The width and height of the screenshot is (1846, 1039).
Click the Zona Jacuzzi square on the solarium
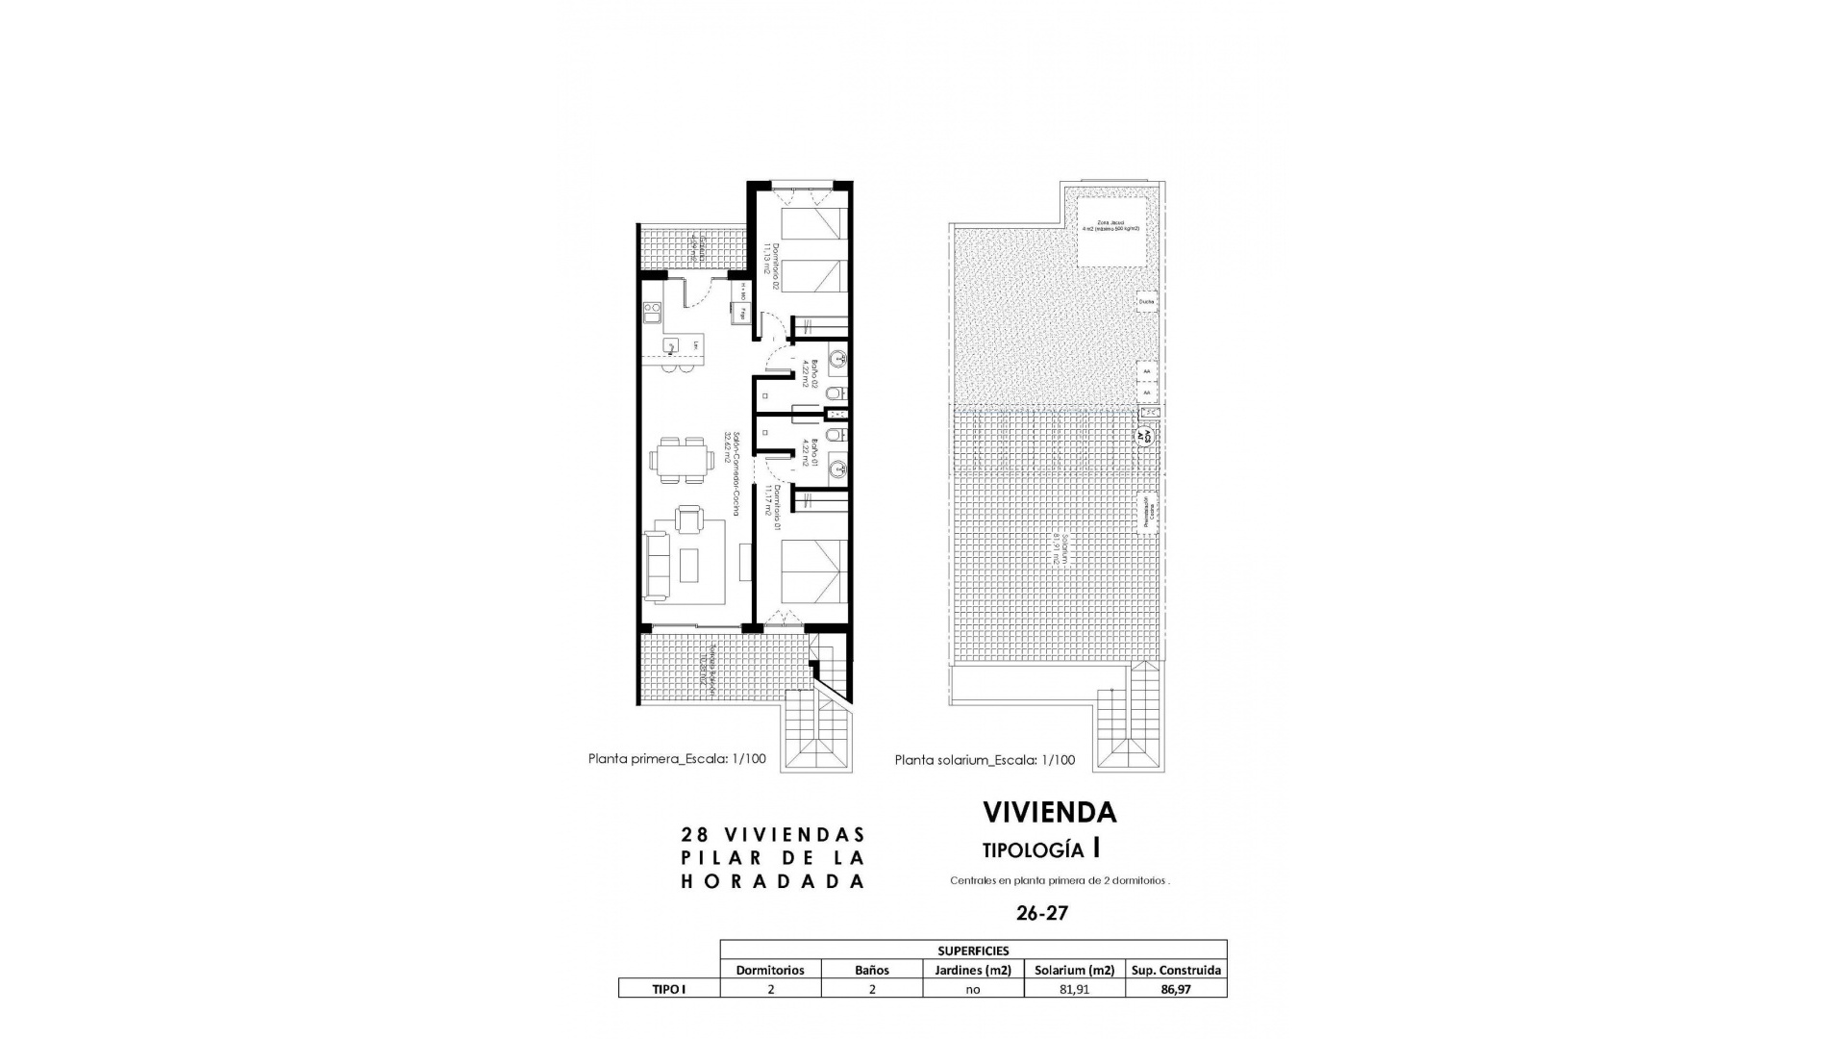tap(1111, 233)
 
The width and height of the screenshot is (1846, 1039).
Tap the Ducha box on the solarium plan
tap(1145, 301)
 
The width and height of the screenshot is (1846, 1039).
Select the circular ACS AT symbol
tap(1145, 435)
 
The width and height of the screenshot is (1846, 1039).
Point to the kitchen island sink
tap(671, 345)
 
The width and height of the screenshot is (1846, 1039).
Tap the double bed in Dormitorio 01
tap(812, 571)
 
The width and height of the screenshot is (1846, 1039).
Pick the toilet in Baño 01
tap(836, 436)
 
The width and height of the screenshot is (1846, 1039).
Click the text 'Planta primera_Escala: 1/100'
tap(677, 758)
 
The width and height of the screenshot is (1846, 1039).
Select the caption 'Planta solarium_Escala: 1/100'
tap(985, 760)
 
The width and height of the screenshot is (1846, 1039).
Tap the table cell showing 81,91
tap(1074, 989)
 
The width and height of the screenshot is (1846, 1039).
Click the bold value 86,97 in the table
tap(1175, 989)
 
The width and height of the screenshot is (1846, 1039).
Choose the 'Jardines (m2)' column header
tap(973, 970)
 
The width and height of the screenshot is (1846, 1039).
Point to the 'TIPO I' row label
tap(669, 989)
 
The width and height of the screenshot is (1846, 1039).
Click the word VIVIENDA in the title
tap(1049, 813)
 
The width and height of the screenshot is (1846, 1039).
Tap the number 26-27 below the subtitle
tap(1041, 913)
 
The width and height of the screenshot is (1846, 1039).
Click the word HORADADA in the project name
tap(773, 881)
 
